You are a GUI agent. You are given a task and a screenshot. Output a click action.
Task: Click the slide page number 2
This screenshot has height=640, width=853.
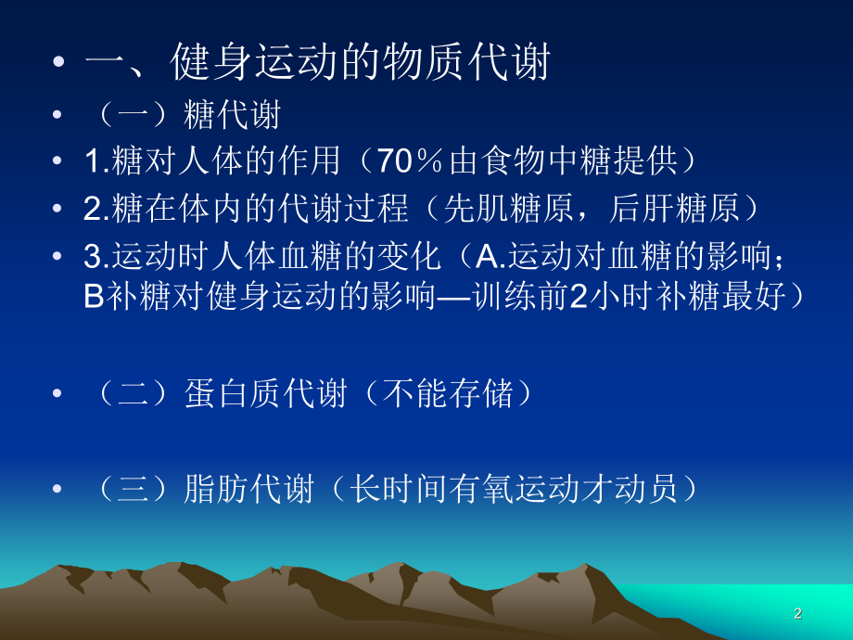click(797, 613)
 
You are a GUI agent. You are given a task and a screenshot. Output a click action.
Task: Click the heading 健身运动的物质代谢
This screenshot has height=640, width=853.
click(362, 63)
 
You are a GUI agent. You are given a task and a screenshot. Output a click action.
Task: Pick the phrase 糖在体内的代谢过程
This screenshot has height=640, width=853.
click(260, 209)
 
